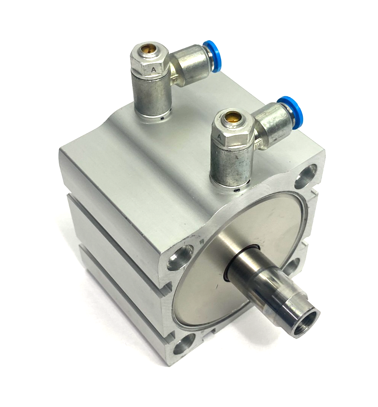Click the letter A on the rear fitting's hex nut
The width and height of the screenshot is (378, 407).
coord(153,70)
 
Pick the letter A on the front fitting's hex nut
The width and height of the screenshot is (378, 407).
coord(219,137)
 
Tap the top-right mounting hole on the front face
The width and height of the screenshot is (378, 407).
coord(306,178)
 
